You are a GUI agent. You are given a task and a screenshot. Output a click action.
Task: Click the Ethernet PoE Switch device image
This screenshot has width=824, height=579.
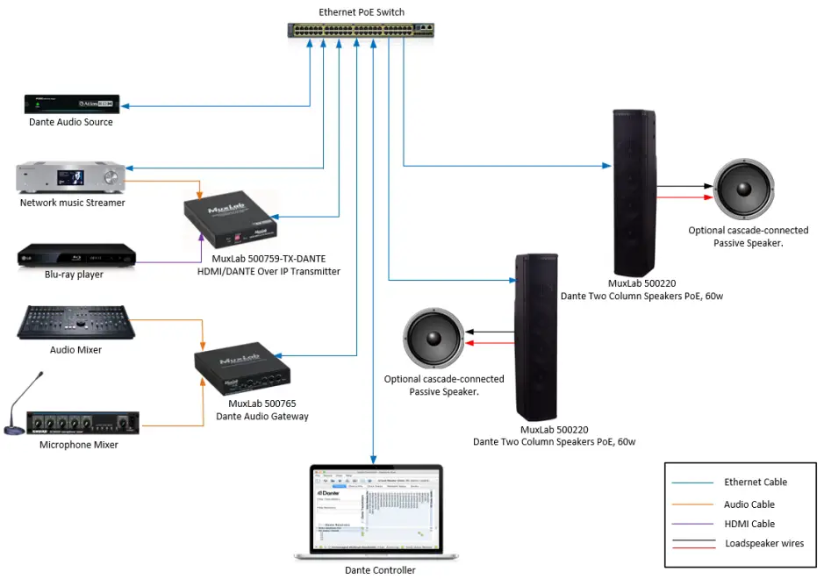pyautogui.click(x=361, y=30)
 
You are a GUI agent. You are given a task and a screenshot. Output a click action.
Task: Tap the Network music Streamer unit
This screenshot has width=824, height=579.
pyautogui.click(x=71, y=178)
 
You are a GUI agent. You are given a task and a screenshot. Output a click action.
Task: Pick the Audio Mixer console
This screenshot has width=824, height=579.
pyautogui.click(x=76, y=322)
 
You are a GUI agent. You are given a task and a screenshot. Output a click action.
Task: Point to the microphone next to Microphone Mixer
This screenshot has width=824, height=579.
pyautogui.click(x=25, y=403)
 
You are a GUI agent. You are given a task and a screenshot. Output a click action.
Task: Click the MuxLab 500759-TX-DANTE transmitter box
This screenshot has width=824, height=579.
pyautogui.click(x=233, y=222)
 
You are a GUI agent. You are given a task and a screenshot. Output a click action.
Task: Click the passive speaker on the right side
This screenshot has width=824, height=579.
pyautogui.click(x=744, y=190)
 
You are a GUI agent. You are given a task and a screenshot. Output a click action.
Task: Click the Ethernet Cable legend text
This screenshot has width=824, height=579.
pyautogui.click(x=755, y=482)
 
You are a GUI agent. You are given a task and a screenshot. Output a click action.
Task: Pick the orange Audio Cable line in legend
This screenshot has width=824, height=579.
pyautogui.click(x=691, y=504)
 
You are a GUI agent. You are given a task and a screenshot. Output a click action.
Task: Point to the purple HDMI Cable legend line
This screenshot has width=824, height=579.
pyautogui.click(x=691, y=524)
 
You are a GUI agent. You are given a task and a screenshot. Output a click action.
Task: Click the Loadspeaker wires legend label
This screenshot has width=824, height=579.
pyautogui.click(x=763, y=544)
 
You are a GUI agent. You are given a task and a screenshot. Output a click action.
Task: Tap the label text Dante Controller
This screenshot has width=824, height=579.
pyautogui.click(x=380, y=569)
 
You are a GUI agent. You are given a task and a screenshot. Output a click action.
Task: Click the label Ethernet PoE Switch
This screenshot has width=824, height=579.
pyautogui.click(x=362, y=11)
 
